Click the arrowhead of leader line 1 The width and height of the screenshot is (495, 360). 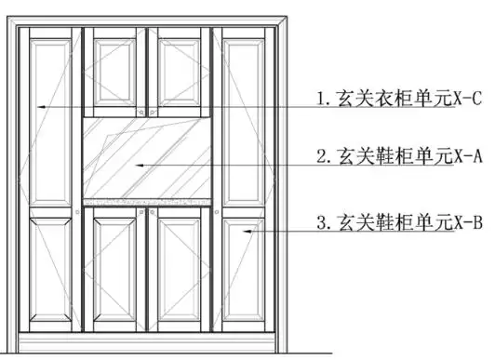[x=39, y=108]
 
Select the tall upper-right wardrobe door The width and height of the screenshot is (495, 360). [x=244, y=119]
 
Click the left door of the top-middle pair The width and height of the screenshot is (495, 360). [x=115, y=72]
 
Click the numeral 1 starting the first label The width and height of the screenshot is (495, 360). [x=321, y=98]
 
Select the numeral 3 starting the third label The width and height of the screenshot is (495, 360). [x=321, y=223]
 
